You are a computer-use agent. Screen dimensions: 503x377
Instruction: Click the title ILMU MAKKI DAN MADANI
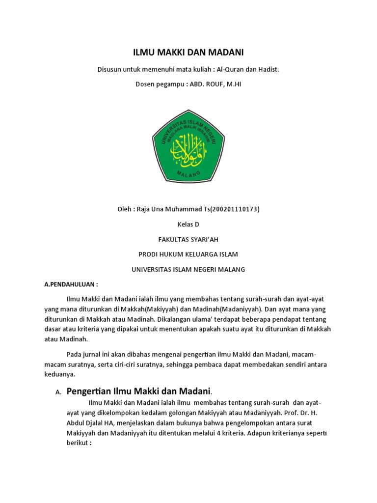click(188, 53)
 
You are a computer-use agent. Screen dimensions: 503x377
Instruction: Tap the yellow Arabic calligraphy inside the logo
click(188, 148)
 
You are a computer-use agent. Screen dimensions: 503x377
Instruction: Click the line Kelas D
click(188, 224)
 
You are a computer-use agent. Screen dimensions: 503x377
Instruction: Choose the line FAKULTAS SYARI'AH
click(188, 240)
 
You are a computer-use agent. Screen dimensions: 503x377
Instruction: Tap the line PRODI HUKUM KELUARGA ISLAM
click(188, 254)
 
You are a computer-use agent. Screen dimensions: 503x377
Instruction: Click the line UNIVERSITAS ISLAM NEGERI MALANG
click(188, 270)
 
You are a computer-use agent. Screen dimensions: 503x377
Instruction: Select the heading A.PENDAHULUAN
click(71, 284)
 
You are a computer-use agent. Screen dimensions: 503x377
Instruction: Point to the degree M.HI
click(233, 84)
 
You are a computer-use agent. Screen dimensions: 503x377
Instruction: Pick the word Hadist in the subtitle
click(268, 69)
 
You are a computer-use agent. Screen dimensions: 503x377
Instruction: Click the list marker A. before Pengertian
click(57, 392)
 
